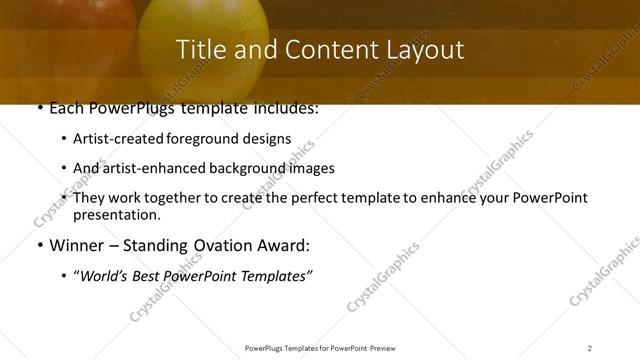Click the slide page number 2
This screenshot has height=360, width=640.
(x=589, y=347)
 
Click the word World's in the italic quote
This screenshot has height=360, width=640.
(x=105, y=275)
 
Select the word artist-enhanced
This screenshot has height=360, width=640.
(x=155, y=168)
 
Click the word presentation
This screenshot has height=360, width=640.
(x=116, y=214)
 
